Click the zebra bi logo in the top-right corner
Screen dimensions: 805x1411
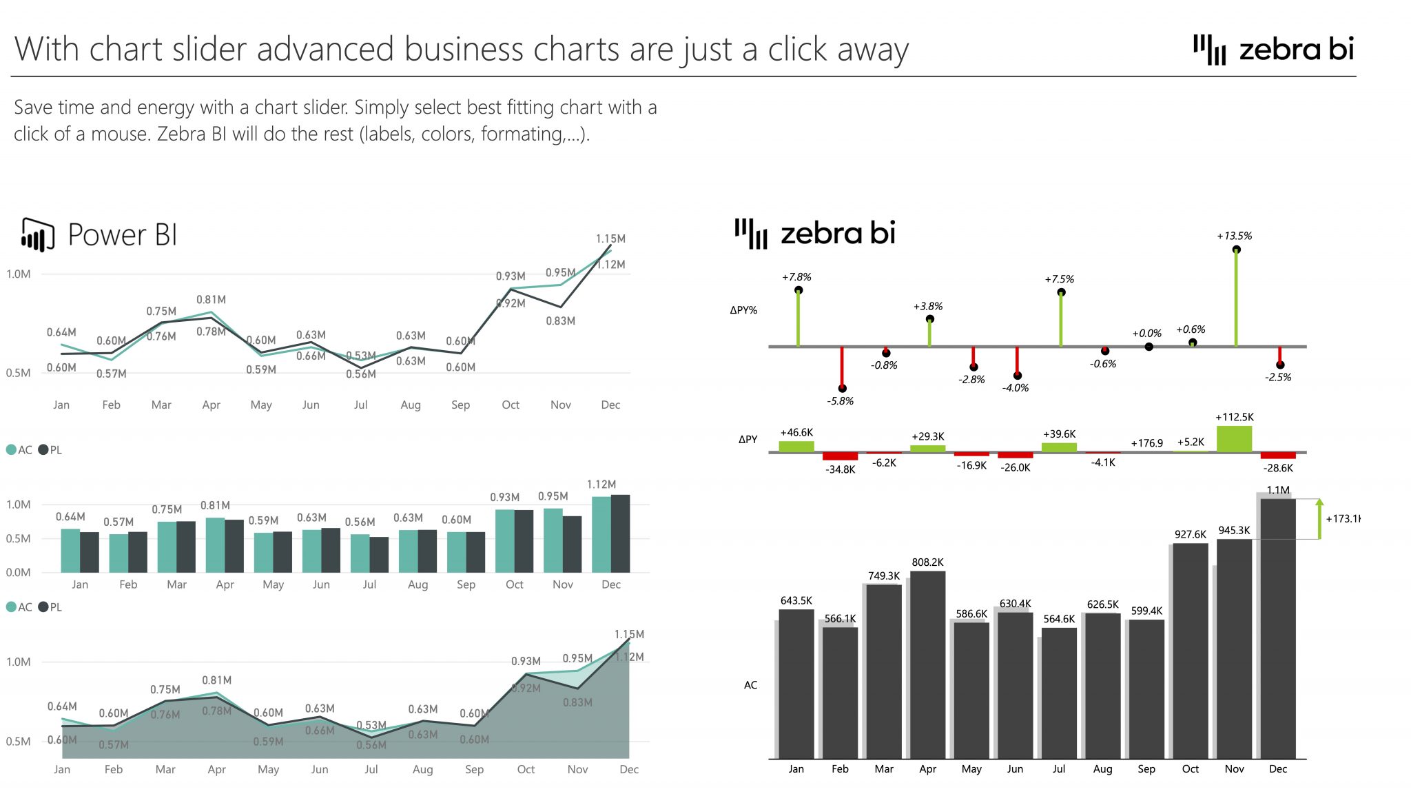[1273, 50]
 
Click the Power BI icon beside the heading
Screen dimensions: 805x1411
[37, 235]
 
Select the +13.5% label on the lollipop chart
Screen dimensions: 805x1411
[1234, 236]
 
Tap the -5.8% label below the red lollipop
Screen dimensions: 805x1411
[840, 401]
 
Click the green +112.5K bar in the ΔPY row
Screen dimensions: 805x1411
[1234, 439]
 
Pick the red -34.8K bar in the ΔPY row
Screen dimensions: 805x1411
[840, 456]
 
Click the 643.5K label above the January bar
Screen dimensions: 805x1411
[796, 601]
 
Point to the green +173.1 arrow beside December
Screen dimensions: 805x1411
[1319, 519]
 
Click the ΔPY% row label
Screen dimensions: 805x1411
[743, 310]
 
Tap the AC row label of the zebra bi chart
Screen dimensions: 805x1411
[750, 685]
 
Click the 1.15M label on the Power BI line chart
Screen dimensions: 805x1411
[610, 239]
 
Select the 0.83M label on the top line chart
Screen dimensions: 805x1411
[560, 321]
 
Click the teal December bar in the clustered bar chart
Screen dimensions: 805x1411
[601, 534]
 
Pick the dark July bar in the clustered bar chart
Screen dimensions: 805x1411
[379, 555]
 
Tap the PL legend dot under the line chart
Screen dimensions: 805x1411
[43, 450]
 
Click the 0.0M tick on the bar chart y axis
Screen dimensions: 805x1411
[18, 573]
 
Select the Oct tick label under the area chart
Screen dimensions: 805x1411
[526, 769]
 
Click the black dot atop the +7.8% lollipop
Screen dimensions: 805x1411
[798, 290]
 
